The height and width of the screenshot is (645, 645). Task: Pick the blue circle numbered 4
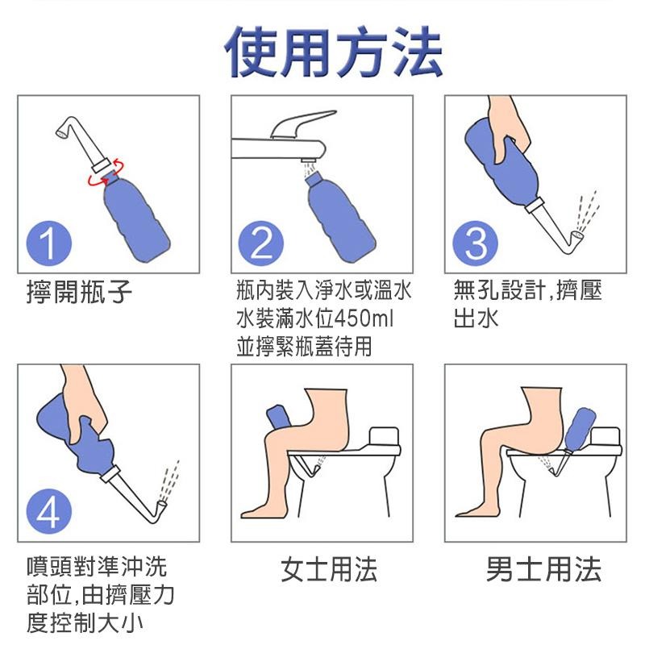tap(49, 512)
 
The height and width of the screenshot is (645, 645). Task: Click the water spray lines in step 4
tap(169, 480)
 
